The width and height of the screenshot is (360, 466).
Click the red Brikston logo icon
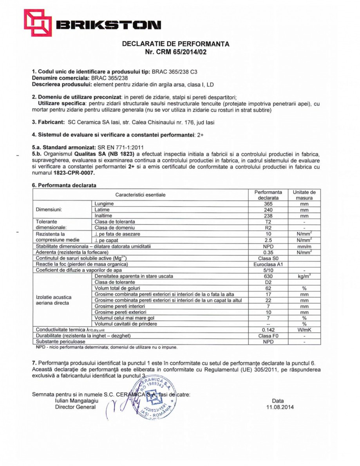point(38,23)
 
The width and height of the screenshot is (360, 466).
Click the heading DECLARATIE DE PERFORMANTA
point(176,44)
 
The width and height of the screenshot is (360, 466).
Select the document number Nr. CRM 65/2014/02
point(175,52)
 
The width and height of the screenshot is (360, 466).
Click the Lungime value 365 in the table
point(268,204)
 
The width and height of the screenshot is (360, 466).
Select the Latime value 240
point(268,210)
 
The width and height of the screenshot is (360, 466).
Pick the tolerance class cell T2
point(268,222)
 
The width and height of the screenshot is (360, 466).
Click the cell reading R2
point(268,228)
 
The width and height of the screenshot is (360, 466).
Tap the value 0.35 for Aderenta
point(268,252)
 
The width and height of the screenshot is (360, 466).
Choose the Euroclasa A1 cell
point(268,264)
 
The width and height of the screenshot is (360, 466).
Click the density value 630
point(268,276)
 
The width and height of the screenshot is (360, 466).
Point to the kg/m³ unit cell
point(304,276)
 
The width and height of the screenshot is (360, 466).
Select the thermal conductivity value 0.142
point(268,330)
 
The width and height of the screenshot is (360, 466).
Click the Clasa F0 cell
point(268,336)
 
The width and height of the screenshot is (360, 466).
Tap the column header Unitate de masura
point(304,195)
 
